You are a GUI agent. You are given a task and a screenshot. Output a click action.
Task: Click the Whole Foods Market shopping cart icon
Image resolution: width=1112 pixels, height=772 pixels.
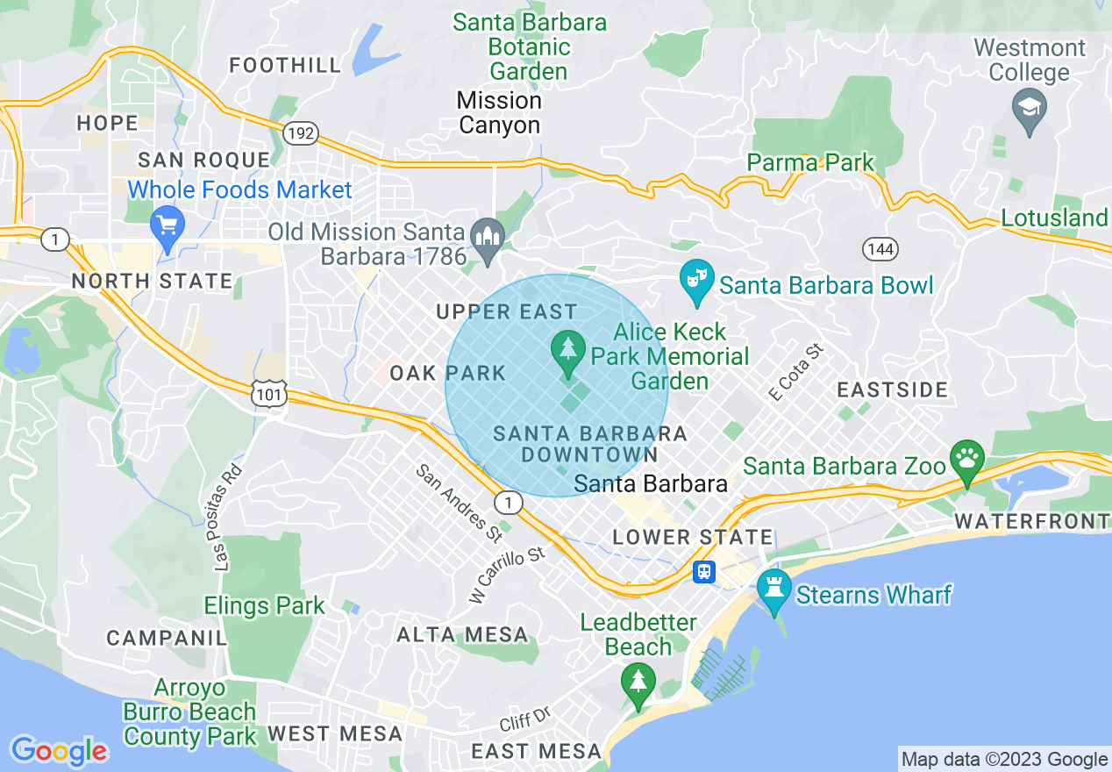pos(166,225)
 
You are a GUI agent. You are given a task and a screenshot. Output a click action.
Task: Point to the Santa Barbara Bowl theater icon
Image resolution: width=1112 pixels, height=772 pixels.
pos(696,282)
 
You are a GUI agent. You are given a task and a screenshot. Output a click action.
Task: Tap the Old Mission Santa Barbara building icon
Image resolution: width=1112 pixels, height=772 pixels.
pos(487,238)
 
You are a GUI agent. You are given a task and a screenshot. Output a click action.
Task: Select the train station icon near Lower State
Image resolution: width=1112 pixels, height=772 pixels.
pos(703,572)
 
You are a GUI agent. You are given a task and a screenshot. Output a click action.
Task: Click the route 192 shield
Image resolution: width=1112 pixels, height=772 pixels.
pos(300,133)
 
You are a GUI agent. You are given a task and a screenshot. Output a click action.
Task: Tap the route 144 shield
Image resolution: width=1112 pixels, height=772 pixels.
pos(879,250)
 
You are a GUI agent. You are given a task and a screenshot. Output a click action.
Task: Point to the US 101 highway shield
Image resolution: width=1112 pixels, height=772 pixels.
pos(269,395)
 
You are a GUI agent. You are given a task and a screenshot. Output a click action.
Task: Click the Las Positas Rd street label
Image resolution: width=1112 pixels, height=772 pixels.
pos(226,517)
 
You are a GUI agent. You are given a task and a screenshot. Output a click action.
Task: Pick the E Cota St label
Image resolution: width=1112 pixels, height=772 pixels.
pos(797,373)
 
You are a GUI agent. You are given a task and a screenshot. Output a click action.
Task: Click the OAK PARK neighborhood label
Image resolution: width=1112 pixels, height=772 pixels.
pos(448,373)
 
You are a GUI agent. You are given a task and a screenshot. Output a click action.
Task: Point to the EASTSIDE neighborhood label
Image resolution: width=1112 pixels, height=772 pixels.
pos(892,390)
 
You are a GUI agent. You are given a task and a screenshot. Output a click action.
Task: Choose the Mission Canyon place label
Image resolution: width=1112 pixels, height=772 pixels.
pos(499,112)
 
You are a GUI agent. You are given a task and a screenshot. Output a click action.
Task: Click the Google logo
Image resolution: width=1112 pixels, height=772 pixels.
pos(59,751)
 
